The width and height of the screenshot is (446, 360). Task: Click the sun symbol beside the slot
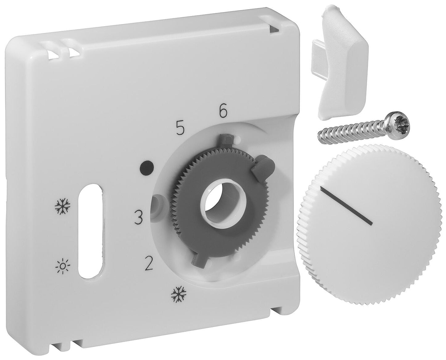coord(63,265)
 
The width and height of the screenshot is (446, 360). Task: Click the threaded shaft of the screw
coord(349,131)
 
